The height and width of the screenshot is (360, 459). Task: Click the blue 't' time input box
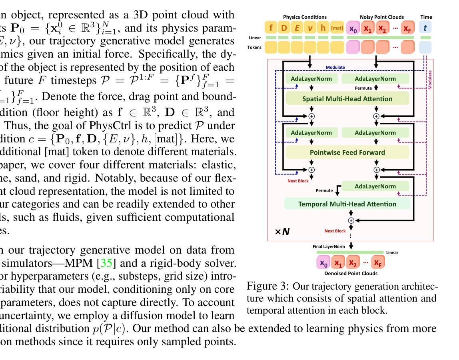click(425, 28)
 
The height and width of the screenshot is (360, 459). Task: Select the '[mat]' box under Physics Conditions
click(337, 28)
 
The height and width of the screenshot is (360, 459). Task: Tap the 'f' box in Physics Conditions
click(271, 28)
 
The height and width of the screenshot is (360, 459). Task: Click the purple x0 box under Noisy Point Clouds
click(353, 28)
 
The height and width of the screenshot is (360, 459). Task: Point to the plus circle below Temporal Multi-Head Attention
click(351, 220)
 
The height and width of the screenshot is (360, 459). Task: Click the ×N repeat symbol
click(282, 232)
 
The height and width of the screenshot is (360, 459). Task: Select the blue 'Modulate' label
click(335, 68)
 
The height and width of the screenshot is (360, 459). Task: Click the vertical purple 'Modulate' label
click(430, 80)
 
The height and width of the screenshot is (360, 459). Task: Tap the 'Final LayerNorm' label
click(329, 246)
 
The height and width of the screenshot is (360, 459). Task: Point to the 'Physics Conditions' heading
click(305, 17)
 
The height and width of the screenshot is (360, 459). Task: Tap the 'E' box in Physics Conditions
click(297, 28)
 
